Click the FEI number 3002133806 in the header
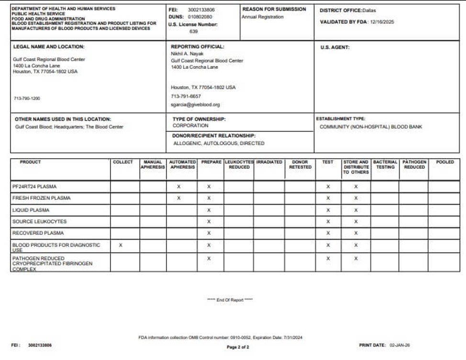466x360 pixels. click(x=201, y=9)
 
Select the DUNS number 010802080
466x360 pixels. click(x=200, y=17)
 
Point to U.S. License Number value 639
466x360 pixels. click(x=193, y=32)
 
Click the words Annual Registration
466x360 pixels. click(x=262, y=17)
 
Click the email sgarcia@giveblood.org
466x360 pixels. click(x=195, y=104)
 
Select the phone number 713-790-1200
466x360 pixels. click(x=27, y=98)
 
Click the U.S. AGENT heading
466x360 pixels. click(x=335, y=47)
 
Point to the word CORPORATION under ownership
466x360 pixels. click(x=190, y=126)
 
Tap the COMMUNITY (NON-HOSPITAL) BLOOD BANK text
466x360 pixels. click(x=371, y=127)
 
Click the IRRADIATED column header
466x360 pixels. click(x=269, y=162)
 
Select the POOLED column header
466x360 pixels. click(x=445, y=162)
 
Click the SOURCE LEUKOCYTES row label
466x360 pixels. click(x=33, y=222)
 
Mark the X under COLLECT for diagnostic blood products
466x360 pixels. click(x=121, y=245)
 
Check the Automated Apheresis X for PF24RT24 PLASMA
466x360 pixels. click(x=179, y=186)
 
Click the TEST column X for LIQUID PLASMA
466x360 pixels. click(x=328, y=210)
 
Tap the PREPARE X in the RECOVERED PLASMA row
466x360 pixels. click(x=209, y=233)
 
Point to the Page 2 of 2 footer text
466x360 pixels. click(x=238, y=347)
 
